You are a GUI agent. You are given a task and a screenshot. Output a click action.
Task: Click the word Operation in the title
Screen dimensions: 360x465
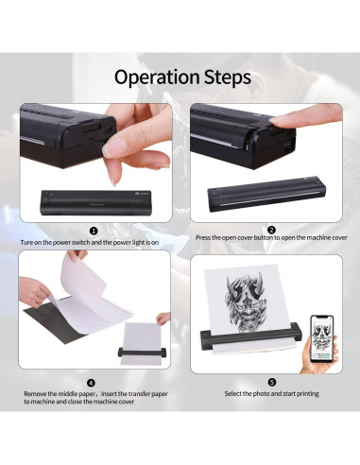[157, 77]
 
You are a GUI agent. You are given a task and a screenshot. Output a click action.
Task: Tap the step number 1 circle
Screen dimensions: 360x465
[94, 232]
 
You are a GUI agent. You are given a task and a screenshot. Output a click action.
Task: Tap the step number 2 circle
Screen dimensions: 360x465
[272, 231]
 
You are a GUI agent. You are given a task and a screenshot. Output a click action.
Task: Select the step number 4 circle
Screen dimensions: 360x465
[91, 383]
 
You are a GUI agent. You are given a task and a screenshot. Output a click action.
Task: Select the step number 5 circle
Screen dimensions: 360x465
[272, 383]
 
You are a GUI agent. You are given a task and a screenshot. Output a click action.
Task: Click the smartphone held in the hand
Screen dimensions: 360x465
[322, 343]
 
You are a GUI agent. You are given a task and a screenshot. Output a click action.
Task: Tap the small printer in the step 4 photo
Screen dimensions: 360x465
[142, 353]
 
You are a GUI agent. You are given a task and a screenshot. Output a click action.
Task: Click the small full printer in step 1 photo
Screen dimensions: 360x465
[95, 202]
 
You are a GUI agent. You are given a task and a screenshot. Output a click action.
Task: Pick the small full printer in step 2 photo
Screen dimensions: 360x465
[266, 194]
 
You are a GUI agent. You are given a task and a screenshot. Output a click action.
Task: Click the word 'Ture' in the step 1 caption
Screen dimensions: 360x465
[26, 243]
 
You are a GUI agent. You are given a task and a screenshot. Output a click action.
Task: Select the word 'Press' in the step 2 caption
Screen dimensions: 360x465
[203, 237]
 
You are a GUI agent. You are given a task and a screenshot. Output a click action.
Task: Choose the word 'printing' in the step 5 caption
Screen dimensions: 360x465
[308, 394]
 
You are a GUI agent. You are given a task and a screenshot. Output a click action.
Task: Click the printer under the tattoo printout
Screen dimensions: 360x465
[251, 337]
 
